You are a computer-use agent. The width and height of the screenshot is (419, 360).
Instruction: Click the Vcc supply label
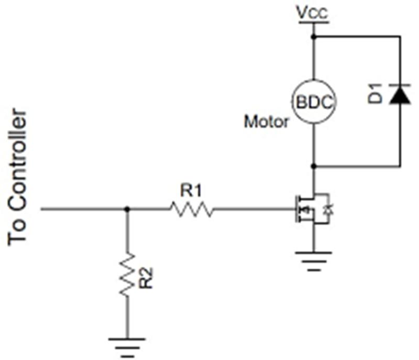(x=312, y=12)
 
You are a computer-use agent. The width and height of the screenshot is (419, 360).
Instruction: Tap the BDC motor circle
(x=314, y=102)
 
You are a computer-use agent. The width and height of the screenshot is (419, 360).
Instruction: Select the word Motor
(x=267, y=122)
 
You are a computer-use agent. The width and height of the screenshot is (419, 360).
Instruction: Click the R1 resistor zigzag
(x=192, y=209)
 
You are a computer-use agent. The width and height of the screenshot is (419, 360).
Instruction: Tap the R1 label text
(x=191, y=191)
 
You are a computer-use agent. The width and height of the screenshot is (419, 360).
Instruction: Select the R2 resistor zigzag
(x=127, y=274)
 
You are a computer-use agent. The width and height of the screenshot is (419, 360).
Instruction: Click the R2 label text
(x=146, y=278)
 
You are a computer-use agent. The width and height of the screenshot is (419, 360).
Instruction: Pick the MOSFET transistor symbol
(x=312, y=209)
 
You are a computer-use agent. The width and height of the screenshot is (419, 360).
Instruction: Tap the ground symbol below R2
(x=127, y=348)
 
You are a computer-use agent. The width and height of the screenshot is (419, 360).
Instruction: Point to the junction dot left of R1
(x=127, y=209)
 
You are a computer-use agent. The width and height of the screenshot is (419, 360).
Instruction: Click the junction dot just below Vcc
(x=314, y=36)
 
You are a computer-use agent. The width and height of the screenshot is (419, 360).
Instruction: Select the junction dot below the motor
(x=314, y=167)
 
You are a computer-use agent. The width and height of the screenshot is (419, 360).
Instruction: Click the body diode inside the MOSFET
(x=329, y=209)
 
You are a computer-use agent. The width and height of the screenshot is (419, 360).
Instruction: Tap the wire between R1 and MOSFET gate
(x=254, y=209)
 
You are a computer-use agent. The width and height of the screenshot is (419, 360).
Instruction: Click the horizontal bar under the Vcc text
(x=314, y=22)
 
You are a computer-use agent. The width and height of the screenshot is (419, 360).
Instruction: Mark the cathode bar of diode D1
(x=400, y=85)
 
